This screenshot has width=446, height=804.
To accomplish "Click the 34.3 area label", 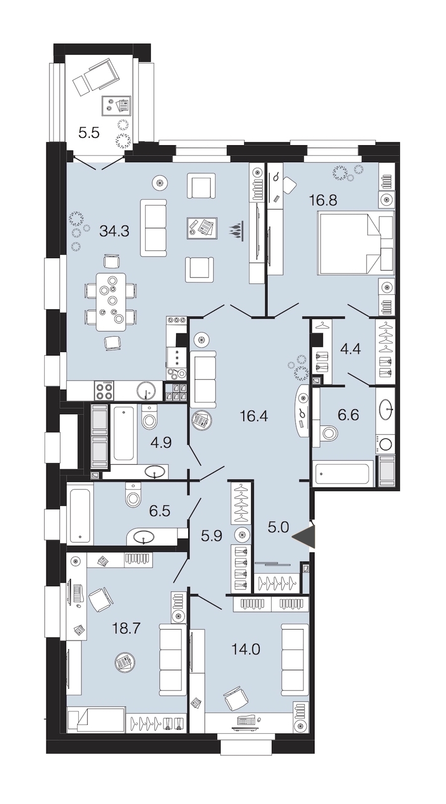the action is tap(114, 231).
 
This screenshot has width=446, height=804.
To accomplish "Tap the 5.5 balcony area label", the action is tap(89, 133).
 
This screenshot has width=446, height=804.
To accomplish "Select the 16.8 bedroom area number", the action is tap(323, 200).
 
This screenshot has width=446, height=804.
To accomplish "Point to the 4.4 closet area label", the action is tap(350, 349).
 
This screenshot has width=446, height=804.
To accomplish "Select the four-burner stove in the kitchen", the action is tap(104, 390).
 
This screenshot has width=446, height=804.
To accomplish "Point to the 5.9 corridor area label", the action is tap(212, 536).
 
